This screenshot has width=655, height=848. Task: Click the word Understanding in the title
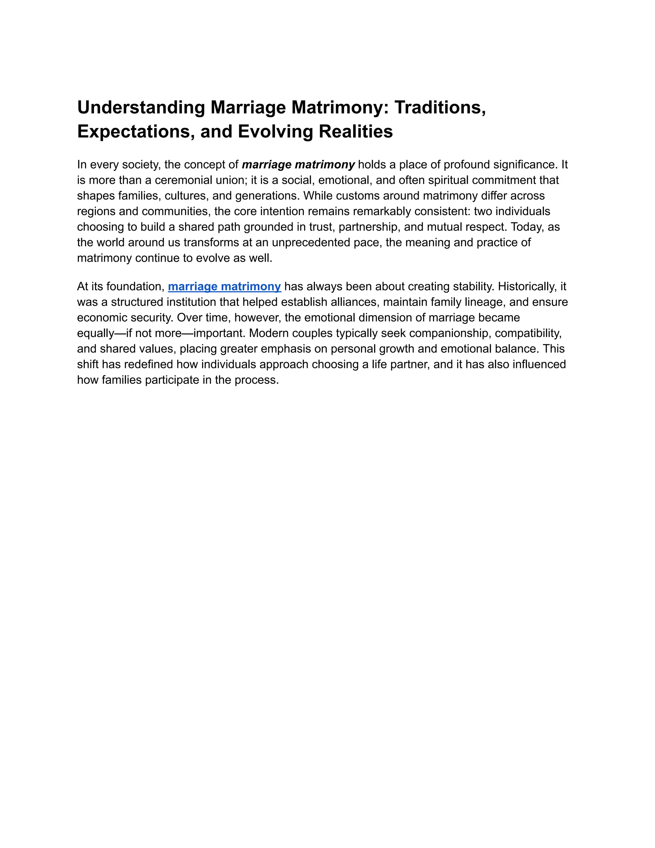click(x=141, y=108)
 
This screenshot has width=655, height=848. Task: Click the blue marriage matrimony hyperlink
click(x=224, y=286)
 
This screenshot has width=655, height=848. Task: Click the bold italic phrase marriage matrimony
click(x=298, y=164)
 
